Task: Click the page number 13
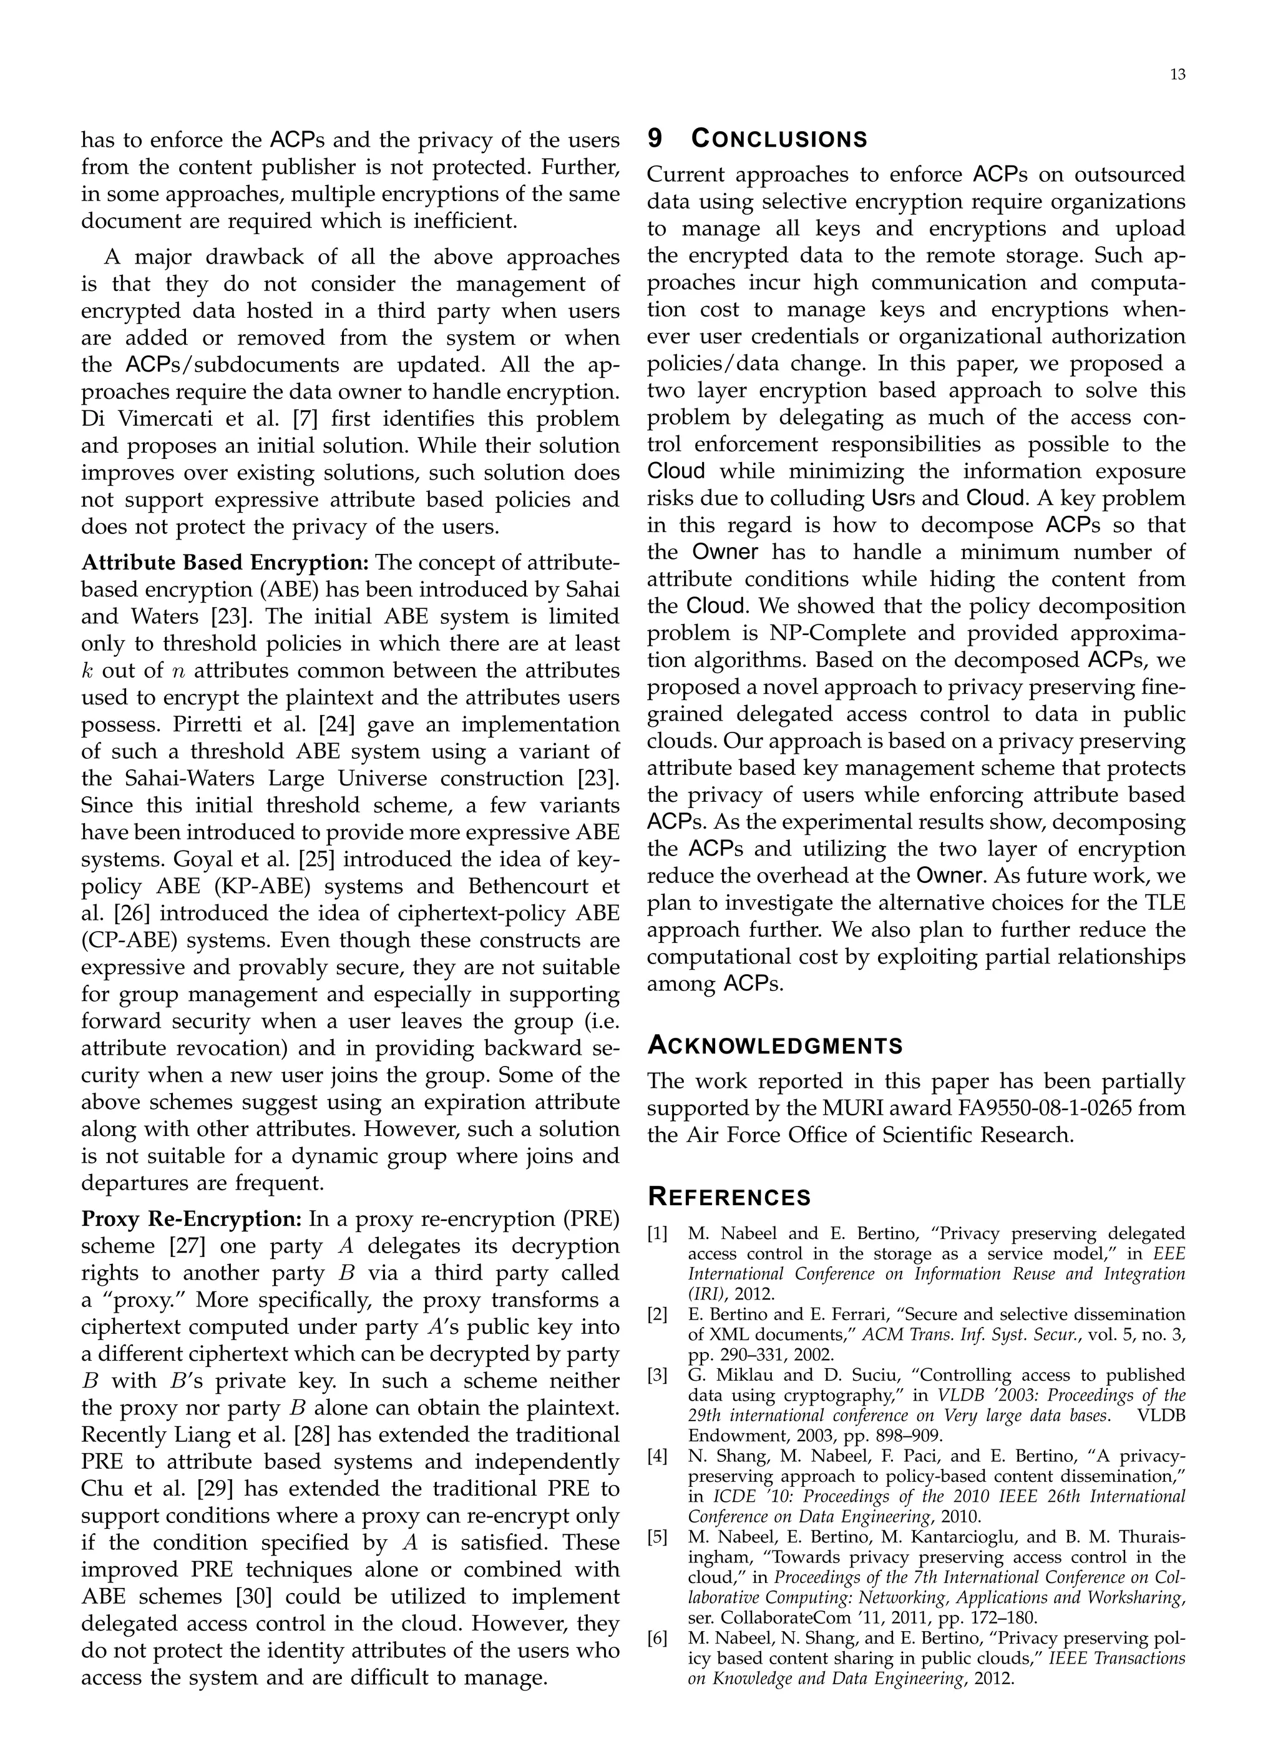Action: click(x=1178, y=75)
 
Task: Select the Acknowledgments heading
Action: click(x=774, y=1047)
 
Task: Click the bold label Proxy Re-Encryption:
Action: click(x=191, y=1219)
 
